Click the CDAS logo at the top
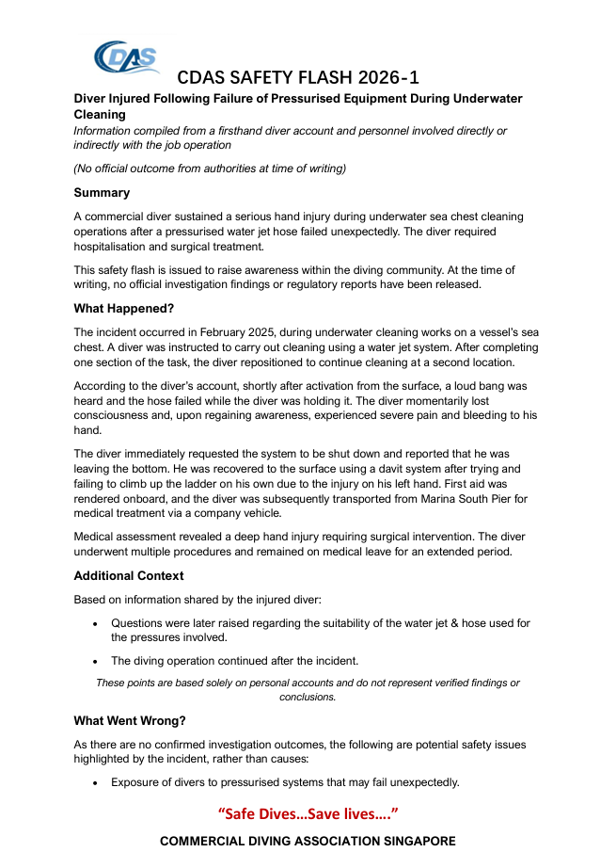pyautogui.click(x=126, y=58)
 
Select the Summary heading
pyautogui.click(x=102, y=193)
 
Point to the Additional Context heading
pyautogui.click(x=129, y=575)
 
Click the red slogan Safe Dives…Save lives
pyautogui.click(x=308, y=812)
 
